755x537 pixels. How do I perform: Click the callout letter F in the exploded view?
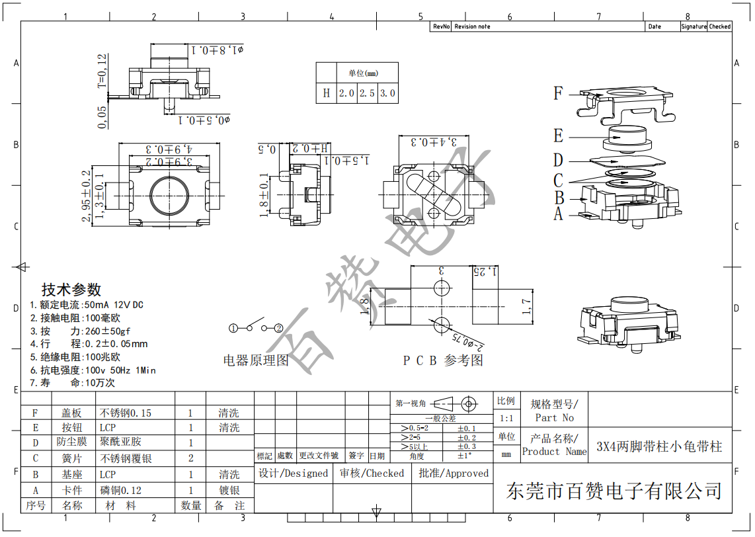(559, 93)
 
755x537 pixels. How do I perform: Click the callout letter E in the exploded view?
(559, 136)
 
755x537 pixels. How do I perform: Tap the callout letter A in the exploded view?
(559, 214)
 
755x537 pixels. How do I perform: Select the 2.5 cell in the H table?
(367, 93)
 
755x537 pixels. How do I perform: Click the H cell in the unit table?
(326, 93)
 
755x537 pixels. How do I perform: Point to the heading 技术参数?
(71, 290)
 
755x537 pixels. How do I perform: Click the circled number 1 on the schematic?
(233, 328)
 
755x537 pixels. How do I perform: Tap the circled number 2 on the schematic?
(278, 328)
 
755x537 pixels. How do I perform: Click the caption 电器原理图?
(256, 360)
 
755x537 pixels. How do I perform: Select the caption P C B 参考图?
(443, 360)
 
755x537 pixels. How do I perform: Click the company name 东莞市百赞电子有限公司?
(614, 491)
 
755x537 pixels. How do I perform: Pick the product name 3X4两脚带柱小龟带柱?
(659, 446)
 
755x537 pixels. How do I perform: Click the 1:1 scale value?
(506, 418)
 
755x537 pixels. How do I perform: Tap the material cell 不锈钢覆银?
(126, 458)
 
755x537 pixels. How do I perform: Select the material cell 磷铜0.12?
(121, 491)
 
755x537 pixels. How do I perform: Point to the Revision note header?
(472, 26)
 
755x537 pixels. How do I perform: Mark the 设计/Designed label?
(294, 474)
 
